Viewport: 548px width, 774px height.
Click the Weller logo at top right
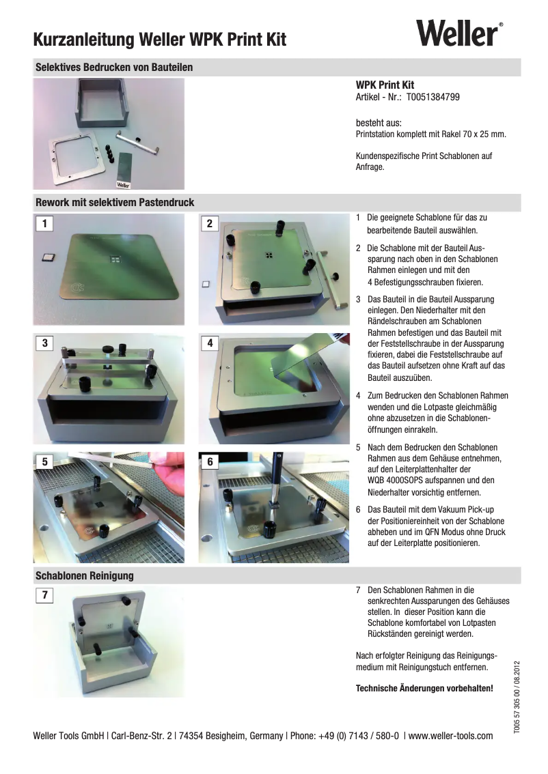(458, 33)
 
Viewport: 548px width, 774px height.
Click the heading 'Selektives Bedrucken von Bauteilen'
(114, 68)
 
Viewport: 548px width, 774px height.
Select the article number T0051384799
(433, 98)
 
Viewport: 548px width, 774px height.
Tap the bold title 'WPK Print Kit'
(385, 85)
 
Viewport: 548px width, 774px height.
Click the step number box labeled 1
(45, 223)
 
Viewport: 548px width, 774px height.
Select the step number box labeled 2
(210, 223)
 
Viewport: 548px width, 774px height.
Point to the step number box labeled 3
(45, 343)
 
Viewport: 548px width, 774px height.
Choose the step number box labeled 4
(210, 343)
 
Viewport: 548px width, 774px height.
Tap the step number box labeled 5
(45, 461)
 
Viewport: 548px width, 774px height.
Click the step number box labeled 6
(210, 461)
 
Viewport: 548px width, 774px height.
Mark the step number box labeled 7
(45, 596)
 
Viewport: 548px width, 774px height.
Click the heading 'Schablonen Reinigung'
(84, 575)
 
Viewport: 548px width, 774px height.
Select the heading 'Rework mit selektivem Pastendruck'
(115, 203)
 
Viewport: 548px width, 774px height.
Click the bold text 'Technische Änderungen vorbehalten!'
(424, 688)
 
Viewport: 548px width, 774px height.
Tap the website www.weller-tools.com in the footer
(450, 736)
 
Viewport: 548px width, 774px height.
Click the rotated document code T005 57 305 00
(517, 709)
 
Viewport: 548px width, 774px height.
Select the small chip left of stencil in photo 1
(47, 257)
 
